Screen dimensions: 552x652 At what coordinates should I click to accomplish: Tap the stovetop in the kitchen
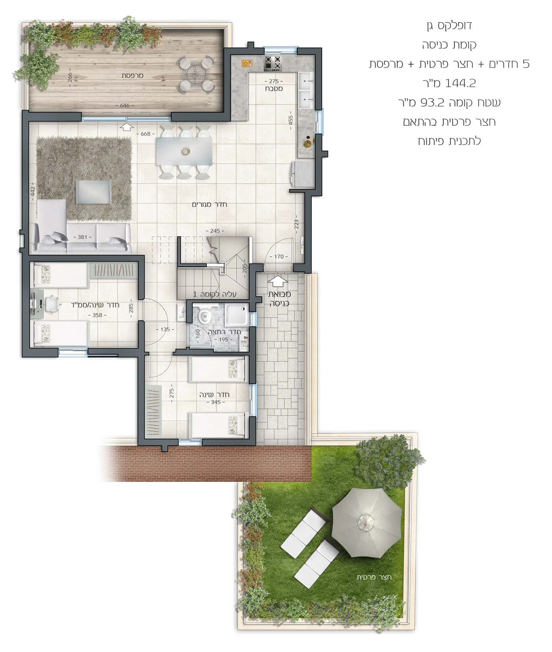pyautogui.click(x=273, y=63)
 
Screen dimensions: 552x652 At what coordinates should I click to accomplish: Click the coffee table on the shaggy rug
pyautogui.click(x=93, y=192)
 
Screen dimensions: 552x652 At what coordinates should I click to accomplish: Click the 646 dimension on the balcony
pyautogui.click(x=125, y=105)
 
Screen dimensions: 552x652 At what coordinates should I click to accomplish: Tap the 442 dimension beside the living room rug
pyautogui.click(x=33, y=192)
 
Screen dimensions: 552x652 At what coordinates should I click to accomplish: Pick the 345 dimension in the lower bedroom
pyautogui.click(x=216, y=402)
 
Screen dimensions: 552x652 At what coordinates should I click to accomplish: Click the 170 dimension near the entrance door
pyautogui.click(x=279, y=256)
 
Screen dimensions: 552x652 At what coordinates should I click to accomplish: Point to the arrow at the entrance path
pyautogui.click(x=278, y=281)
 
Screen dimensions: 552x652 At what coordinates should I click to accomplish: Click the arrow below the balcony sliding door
pyautogui.click(x=127, y=127)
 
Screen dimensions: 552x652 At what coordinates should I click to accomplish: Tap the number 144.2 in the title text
pyautogui.click(x=460, y=83)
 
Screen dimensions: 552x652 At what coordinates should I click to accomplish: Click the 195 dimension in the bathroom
pyautogui.click(x=224, y=340)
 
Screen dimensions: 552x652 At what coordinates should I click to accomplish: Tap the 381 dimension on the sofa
pyautogui.click(x=82, y=237)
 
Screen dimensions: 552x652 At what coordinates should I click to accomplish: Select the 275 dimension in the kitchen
pyautogui.click(x=274, y=82)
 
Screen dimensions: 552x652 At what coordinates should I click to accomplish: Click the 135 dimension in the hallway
pyautogui.click(x=165, y=329)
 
